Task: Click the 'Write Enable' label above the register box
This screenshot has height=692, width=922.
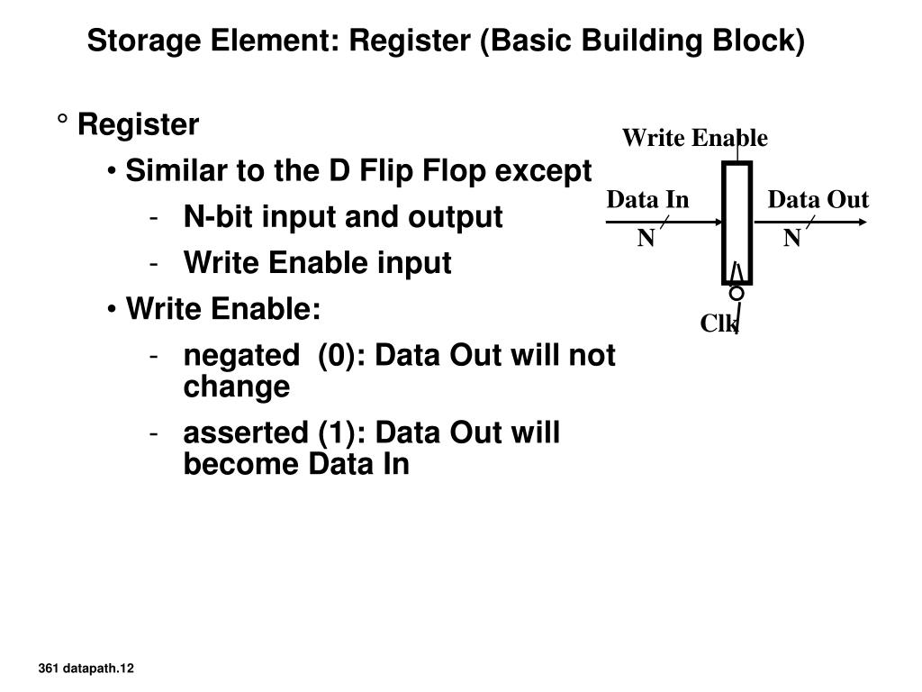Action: [694, 138]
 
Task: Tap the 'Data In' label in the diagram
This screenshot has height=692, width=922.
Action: [647, 199]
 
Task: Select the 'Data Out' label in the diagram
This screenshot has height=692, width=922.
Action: [818, 199]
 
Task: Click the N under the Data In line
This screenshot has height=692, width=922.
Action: [646, 239]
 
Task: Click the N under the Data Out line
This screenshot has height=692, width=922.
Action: [791, 239]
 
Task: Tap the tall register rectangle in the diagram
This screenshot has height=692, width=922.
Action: [737, 223]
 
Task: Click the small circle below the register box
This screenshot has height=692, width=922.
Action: [737, 294]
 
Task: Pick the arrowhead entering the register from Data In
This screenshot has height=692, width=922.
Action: [716, 223]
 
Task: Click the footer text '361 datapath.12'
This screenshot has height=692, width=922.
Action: [86, 668]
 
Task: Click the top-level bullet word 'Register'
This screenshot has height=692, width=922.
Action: [138, 125]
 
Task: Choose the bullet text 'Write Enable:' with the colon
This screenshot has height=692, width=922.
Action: [223, 309]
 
